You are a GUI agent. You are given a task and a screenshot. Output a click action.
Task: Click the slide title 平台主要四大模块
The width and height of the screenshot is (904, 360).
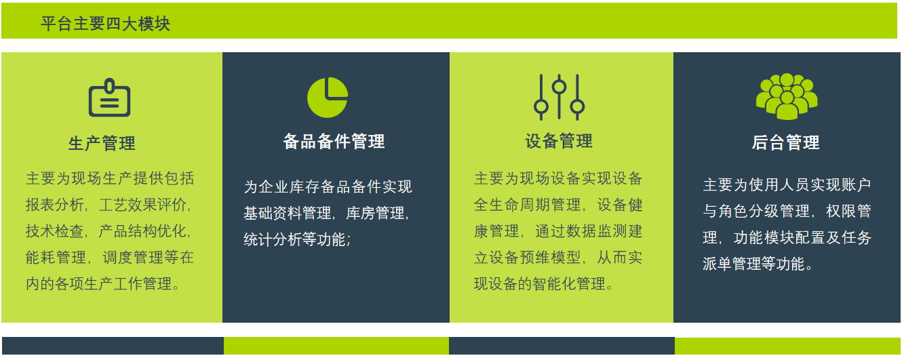click(x=105, y=24)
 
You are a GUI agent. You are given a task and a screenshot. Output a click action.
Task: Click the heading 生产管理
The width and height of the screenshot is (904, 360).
click(x=102, y=143)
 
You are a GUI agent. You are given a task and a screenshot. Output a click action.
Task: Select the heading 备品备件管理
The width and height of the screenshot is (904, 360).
click(x=334, y=141)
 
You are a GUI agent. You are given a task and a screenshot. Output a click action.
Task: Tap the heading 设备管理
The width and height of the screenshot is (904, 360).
click(x=559, y=141)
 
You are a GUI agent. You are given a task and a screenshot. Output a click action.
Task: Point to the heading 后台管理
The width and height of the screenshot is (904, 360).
click(x=785, y=142)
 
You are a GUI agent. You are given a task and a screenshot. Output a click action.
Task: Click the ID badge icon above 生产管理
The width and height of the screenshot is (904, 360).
click(x=109, y=98)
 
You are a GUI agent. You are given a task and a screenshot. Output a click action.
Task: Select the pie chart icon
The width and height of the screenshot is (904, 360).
click(x=328, y=97)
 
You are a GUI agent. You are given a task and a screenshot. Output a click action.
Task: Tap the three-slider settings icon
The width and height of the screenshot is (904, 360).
click(x=559, y=97)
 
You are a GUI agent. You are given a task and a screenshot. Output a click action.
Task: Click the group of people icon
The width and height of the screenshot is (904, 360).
click(x=787, y=96)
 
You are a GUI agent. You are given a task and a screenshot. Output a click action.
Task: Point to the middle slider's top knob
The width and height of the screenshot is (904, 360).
click(x=559, y=87)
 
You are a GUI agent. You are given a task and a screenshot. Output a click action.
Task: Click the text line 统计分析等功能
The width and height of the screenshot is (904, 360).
click(x=297, y=239)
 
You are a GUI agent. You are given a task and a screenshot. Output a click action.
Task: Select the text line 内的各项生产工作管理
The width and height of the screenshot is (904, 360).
click(x=102, y=283)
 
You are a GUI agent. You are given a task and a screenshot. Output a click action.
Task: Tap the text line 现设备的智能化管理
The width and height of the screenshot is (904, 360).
click(x=543, y=283)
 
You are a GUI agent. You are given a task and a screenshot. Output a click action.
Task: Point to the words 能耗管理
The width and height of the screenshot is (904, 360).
click(x=56, y=258)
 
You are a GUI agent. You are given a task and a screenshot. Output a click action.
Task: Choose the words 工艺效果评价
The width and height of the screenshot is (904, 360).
click(x=143, y=205)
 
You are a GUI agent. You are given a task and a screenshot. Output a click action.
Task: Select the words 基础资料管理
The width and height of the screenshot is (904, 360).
click(x=288, y=213)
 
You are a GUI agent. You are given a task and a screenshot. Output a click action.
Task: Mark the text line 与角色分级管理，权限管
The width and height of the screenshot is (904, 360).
click(x=787, y=211)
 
